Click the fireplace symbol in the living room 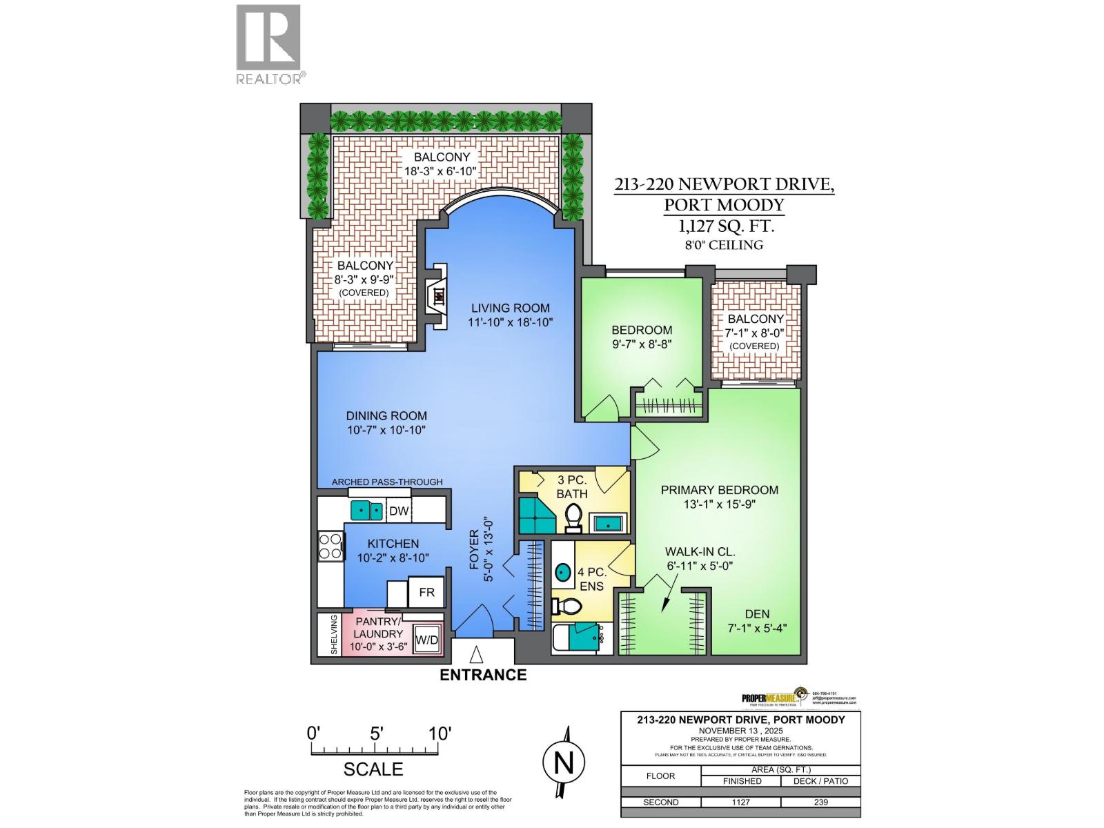coord(437,297)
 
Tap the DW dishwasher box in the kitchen coord(400,511)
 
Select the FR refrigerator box coord(426,593)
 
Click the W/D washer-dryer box coord(426,640)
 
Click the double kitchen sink coord(367,511)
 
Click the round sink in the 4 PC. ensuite coord(564,572)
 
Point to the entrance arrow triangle coord(476,653)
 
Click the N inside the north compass coord(564,763)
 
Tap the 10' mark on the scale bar coord(439,733)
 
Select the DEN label coord(757,613)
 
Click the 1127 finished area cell coord(740,802)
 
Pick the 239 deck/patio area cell coord(820,802)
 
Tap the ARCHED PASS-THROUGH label coord(387,482)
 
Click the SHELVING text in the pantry coord(334,635)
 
